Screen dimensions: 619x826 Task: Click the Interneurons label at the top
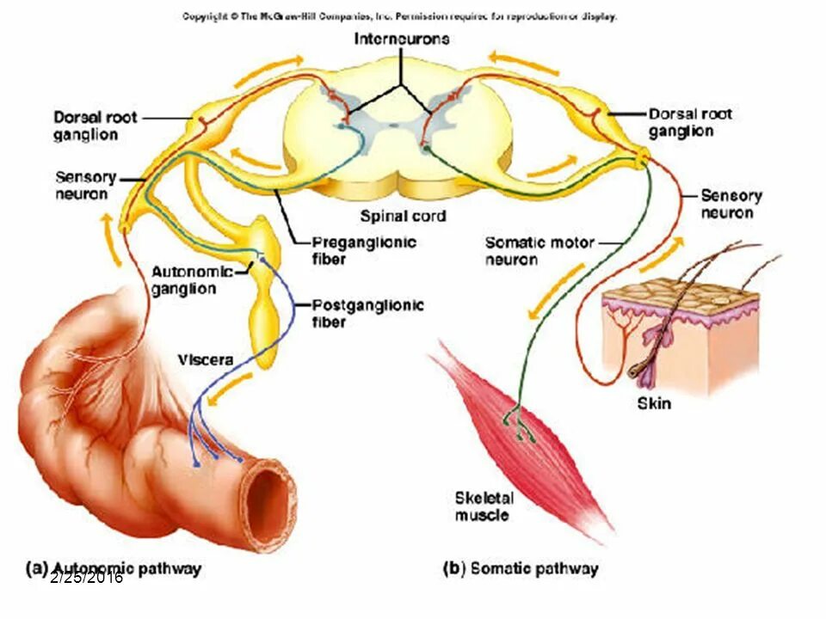pos(402,40)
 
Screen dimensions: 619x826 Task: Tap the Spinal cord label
pos(404,216)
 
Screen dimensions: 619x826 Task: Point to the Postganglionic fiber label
pos(367,313)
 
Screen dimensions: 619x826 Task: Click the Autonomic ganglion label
pos(192,280)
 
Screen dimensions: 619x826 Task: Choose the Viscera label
pos(206,359)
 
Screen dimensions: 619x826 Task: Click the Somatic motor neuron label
pos(539,250)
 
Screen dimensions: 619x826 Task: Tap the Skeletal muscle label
pos(484,506)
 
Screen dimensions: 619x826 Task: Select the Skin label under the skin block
pos(654,402)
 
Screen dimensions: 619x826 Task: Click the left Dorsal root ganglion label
pos(96,126)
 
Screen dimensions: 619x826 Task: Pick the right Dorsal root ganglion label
pos(691,122)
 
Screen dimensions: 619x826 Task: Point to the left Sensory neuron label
pos(86,185)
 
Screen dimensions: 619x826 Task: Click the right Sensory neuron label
pos(731,204)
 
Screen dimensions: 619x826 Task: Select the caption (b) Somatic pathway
pos(520,568)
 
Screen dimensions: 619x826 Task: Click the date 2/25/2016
pos(86,578)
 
